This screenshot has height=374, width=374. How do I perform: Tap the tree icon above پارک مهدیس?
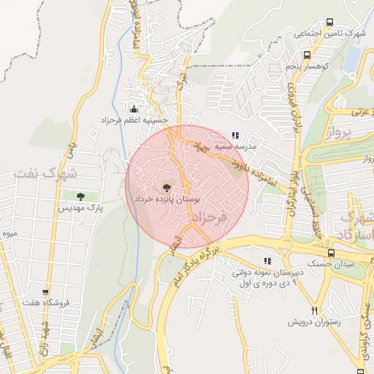pos(80,196)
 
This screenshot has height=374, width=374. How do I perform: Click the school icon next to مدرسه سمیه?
pos(234,135)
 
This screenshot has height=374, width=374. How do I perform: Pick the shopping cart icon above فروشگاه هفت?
pos(46,292)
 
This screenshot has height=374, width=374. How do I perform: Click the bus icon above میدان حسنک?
pos(332,253)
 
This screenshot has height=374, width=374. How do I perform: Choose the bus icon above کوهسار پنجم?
pos(308,55)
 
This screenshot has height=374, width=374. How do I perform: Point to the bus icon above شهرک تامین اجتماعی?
pos(329,23)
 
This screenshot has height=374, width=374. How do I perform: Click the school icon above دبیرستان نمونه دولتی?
pos(268,261)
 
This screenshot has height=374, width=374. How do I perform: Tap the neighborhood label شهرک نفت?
pos(44,173)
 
